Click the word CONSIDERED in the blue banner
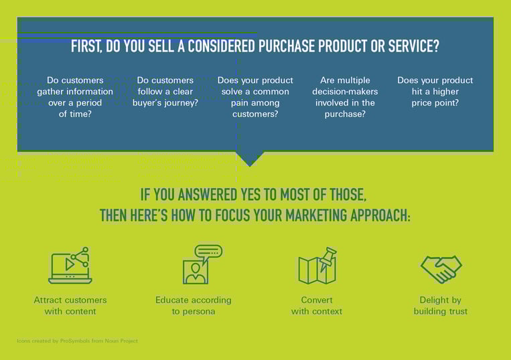[x=221, y=46]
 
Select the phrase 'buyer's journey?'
[x=165, y=103]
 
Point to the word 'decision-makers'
[x=345, y=92]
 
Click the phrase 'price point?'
[x=435, y=103]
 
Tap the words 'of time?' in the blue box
[x=75, y=114]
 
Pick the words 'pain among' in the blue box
[x=255, y=103]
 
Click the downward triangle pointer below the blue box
[x=250, y=159]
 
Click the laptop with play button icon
[x=70, y=265]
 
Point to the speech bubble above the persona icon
[x=208, y=254]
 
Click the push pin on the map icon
[x=327, y=259]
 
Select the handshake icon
[x=441, y=269]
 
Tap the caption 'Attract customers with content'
[x=70, y=306]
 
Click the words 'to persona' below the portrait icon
[x=194, y=312]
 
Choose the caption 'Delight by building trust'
[x=440, y=306]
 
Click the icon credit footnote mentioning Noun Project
[x=77, y=341]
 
